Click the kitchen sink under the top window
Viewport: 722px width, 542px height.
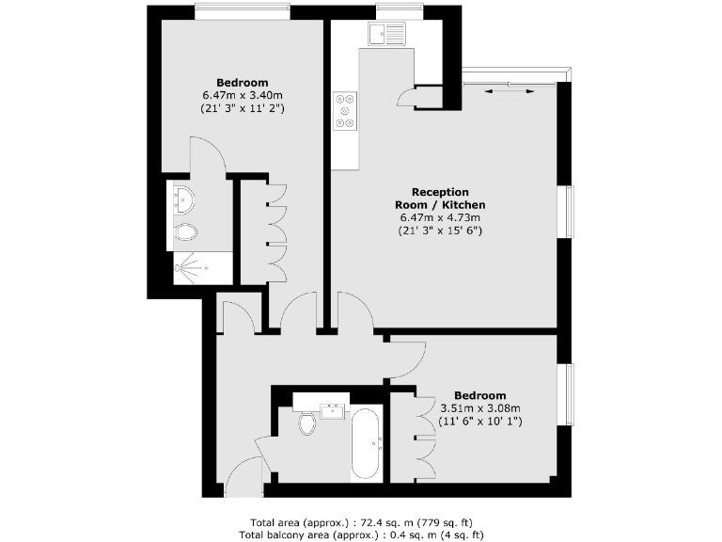tap(387, 35)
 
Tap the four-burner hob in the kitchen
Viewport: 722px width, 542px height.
tap(345, 110)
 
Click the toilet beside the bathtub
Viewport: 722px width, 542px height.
tap(307, 424)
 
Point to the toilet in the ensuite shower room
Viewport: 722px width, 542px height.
tap(185, 233)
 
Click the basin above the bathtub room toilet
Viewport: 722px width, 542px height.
tap(334, 409)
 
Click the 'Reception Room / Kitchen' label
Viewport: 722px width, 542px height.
tap(441, 198)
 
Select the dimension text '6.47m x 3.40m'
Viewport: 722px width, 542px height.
tap(243, 95)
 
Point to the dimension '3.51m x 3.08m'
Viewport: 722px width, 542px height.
tap(479, 408)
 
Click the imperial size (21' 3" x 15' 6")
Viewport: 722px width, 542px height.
tap(441, 231)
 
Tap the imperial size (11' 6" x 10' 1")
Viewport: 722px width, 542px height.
tap(480, 422)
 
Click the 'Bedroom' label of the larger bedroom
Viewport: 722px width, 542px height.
tap(243, 82)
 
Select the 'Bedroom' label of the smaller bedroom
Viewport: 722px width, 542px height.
tap(480, 395)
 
